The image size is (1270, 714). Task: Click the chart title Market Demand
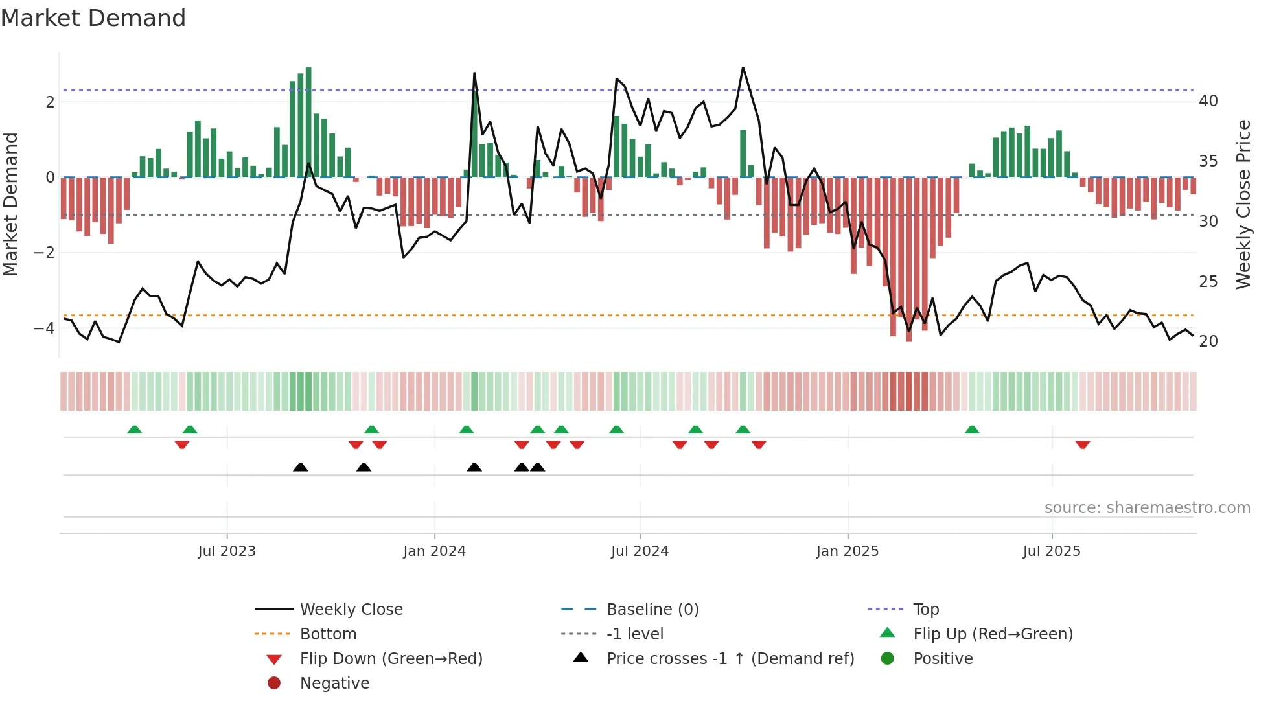pos(93,18)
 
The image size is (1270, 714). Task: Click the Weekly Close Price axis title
pos(1243,204)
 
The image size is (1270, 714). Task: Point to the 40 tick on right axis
pos(1208,101)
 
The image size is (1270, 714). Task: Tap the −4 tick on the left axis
pos(44,328)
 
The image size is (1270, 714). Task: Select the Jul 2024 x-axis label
pos(639,551)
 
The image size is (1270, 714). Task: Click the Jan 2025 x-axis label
pos(847,551)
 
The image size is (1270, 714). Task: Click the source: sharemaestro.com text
pos(1147,508)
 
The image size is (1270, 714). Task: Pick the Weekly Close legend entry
pos(351,610)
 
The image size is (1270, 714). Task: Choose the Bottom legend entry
pos(328,634)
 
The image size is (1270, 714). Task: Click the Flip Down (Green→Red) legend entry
pos(391,659)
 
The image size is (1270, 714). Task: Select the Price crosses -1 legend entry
pos(730,659)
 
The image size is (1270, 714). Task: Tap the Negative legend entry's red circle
pos(274,684)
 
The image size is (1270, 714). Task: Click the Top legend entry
pos(925,610)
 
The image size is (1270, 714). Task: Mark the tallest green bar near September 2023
pos(308,122)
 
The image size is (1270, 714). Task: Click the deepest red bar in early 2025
pos(908,259)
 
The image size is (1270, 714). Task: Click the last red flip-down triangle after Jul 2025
pos(1082,444)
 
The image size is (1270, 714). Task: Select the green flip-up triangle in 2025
pos(971,430)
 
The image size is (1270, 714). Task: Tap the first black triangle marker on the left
pos(300,467)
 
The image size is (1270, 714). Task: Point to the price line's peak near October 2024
pos(743,68)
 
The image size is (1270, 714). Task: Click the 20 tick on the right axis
pos(1208,341)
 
